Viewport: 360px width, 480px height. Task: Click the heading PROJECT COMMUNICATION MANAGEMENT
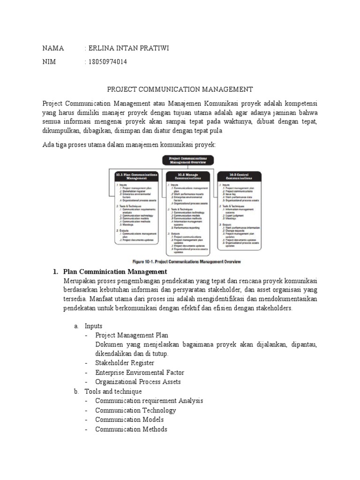coord(180,89)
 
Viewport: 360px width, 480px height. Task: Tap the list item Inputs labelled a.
coord(93,326)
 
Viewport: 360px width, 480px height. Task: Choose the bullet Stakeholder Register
coord(124,363)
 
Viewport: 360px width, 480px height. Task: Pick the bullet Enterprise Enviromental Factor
coord(139,372)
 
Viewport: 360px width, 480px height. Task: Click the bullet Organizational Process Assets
coord(138,382)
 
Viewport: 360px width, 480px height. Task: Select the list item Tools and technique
coord(113,391)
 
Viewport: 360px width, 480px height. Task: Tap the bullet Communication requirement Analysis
coord(149,400)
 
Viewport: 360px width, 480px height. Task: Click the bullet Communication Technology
coord(135,410)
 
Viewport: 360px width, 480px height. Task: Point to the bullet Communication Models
coord(129,419)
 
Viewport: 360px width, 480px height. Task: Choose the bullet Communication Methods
coord(131,428)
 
